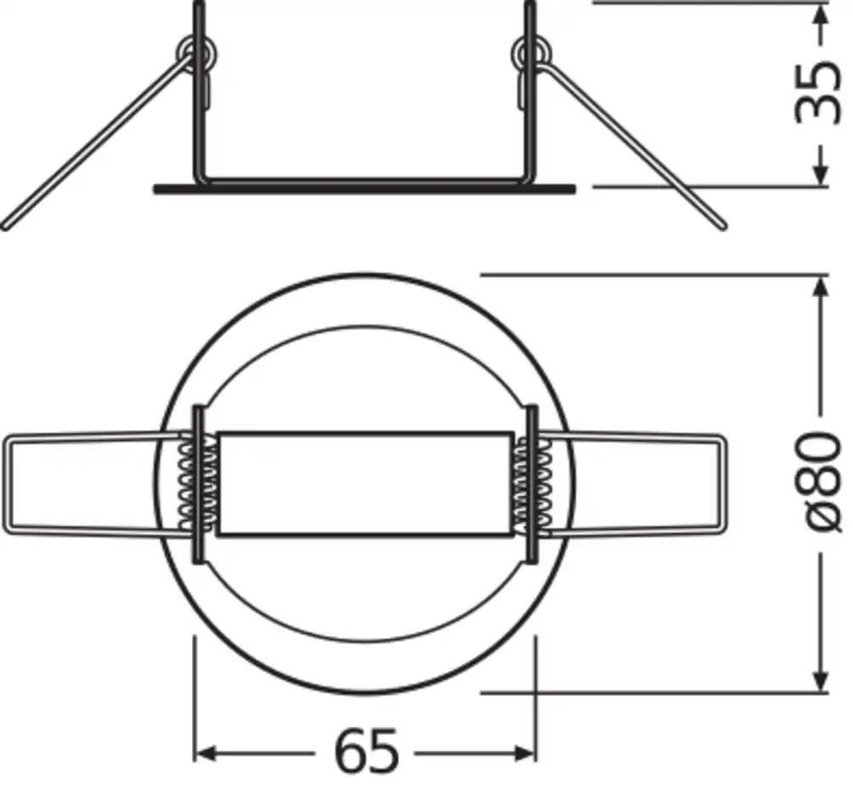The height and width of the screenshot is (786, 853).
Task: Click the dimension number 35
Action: [816, 93]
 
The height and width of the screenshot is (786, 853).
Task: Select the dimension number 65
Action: [366, 752]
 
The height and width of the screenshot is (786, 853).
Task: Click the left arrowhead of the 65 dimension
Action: [203, 754]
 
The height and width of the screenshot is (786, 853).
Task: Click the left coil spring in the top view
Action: [198, 480]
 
